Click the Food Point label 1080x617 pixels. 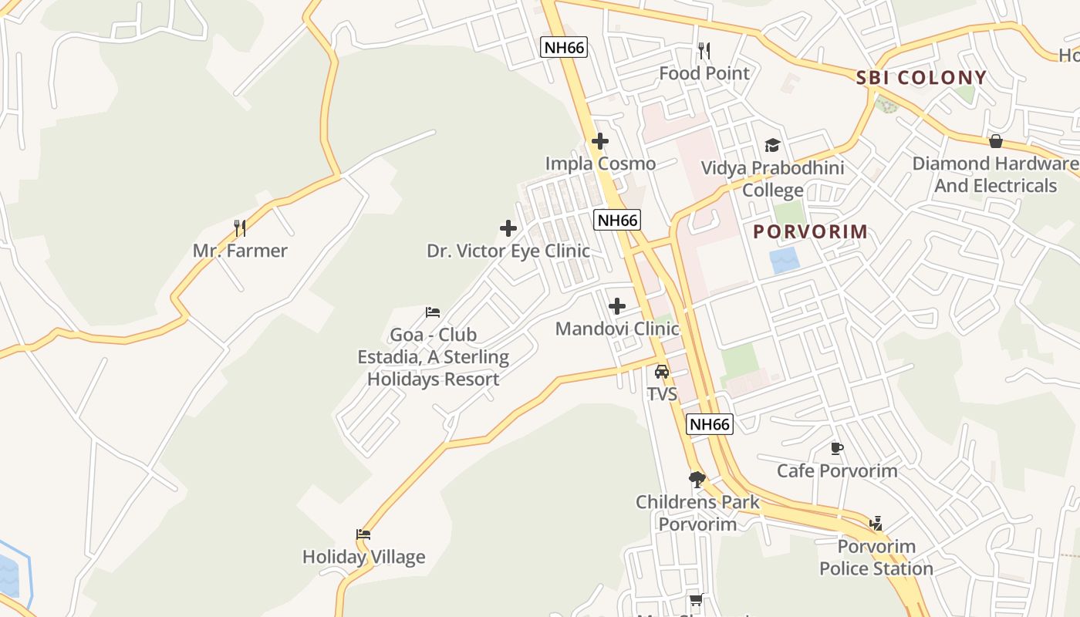click(704, 73)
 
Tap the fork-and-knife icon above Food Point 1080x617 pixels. click(704, 52)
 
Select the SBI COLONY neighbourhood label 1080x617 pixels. click(921, 77)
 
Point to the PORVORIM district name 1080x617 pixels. click(810, 231)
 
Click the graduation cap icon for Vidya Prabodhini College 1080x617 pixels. click(772, 145)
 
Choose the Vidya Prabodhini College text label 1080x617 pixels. click(772, 178)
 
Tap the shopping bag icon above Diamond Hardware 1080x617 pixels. click(996, 141)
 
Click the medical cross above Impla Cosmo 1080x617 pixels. click(600, 141)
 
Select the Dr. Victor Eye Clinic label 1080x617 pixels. click(508, 251)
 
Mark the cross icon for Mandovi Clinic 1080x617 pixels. click(617, 306)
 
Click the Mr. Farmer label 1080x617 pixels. click(240, 251)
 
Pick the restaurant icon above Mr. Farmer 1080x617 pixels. click(240, 228)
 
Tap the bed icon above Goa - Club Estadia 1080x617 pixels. click(433, 312)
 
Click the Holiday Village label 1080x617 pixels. click(363, 557)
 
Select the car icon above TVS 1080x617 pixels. click(662, 372)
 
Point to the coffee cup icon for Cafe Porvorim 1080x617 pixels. click(837, 448)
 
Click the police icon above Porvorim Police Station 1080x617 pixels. click(876, 524)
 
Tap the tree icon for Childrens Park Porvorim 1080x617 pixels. click(697, 480)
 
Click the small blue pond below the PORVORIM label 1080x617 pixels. click(785, 261)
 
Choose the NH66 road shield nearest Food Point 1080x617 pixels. click(564, 47)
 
